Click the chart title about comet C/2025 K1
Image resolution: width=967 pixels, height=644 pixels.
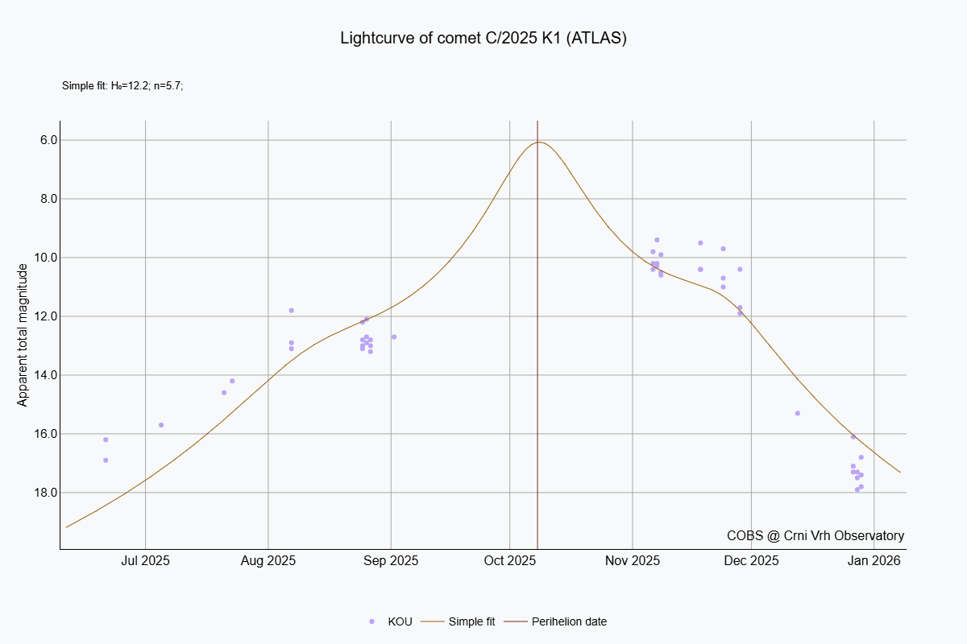[483, 39]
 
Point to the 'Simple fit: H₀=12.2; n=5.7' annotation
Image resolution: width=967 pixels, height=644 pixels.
[123, 85]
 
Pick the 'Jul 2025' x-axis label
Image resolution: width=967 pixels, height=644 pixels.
[145, 560]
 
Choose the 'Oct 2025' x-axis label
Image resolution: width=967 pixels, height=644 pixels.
[510, 560]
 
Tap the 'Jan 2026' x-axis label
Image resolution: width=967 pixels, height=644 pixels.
[874, 560]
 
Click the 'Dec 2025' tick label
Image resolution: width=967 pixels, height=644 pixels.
[751, 560]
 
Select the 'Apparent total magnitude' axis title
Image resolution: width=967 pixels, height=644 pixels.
[23, 334]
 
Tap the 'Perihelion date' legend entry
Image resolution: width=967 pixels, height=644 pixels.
[569, 621]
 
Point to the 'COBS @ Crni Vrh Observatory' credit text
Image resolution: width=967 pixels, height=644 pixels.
[815, 535]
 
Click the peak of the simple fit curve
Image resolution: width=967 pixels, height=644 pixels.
[539, 142]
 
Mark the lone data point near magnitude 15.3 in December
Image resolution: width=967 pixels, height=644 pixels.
[797, 413]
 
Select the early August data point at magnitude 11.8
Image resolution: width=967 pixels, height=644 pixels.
[291, 311]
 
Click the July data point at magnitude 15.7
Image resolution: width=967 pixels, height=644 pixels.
[161, 425]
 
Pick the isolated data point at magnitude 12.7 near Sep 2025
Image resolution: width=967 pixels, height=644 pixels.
[394, 336]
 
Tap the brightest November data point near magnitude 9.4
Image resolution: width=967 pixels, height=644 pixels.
[657, 240]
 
